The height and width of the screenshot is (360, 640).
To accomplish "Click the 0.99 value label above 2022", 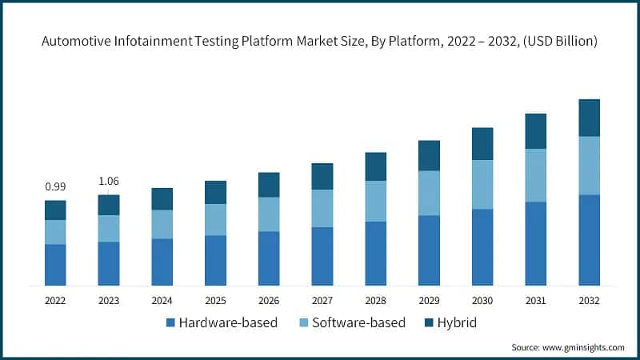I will (55, 186).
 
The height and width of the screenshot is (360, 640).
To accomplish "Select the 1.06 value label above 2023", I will (109, 181).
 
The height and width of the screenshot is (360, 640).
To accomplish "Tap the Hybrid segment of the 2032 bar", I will (589, 118).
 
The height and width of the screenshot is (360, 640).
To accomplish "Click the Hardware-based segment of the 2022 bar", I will (55, 265).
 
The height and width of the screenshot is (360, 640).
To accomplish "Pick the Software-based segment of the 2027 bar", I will (322, 208).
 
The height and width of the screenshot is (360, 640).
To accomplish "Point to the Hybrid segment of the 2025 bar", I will (215, 192).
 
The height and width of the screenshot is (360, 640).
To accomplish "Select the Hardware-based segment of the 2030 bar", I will (482, 247).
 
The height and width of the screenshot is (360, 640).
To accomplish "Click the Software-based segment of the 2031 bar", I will (535, 175).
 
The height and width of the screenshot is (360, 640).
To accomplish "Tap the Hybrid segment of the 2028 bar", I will (375, 166).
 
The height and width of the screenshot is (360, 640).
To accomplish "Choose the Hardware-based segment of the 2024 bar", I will (162, 262).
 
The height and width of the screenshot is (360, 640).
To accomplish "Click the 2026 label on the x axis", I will (269, 301).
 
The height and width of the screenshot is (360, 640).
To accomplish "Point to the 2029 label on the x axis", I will (429, 301).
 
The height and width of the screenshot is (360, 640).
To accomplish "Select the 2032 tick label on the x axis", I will (589, 301).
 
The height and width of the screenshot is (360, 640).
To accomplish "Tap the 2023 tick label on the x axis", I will (109, 301).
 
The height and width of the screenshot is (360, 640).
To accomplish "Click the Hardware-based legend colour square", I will (170, 323).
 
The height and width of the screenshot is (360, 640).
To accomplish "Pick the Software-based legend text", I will (359, 323).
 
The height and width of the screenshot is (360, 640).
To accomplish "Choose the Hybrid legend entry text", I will (456, 323).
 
